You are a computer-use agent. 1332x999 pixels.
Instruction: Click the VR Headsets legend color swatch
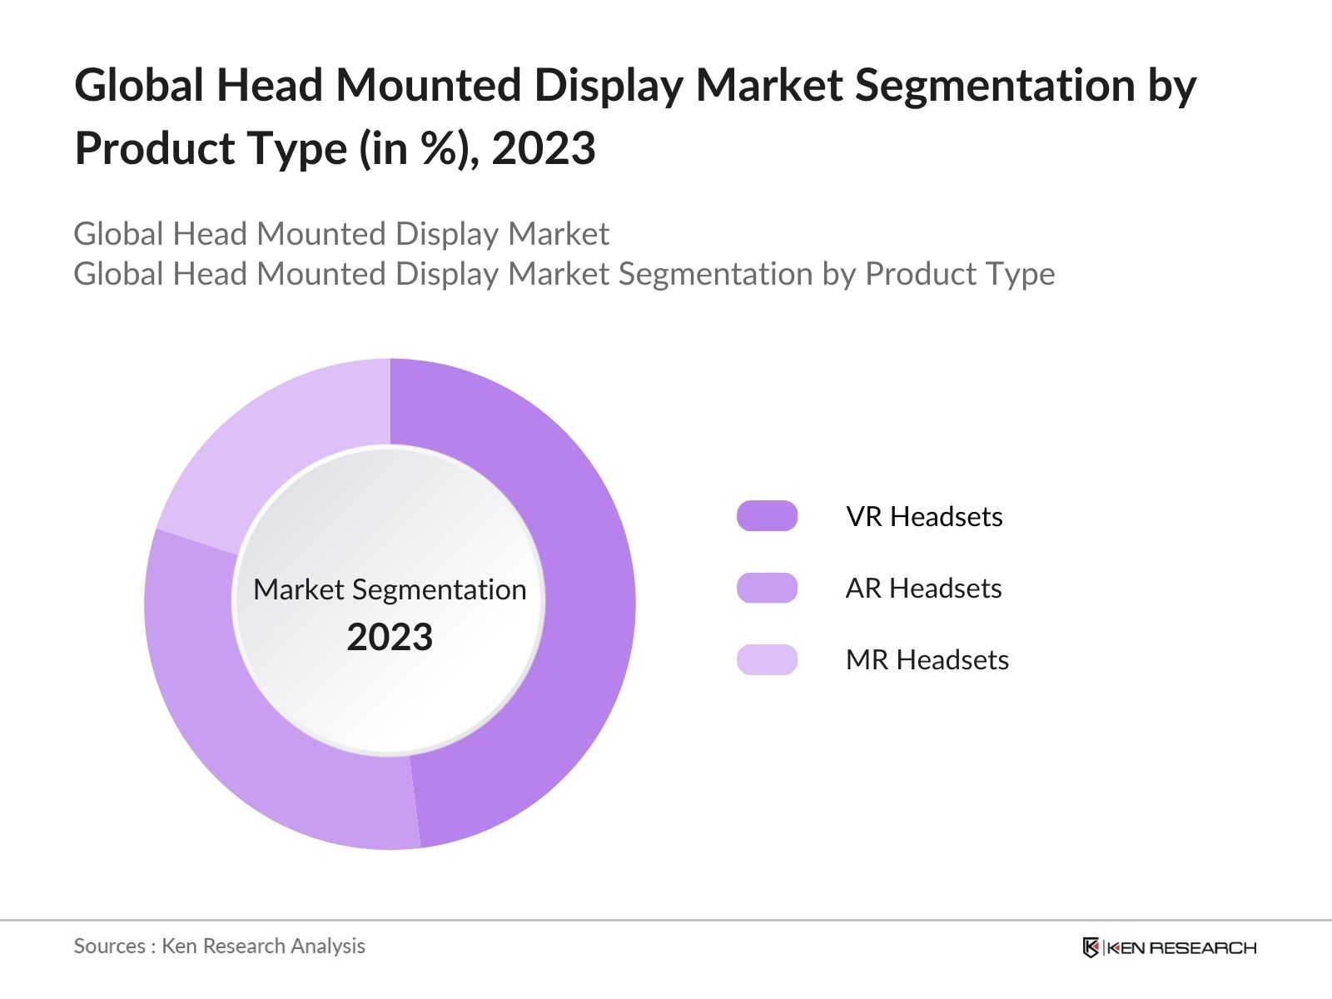767,516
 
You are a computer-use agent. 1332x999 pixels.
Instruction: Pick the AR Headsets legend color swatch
767,588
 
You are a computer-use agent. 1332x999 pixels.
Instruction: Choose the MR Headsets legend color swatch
767,659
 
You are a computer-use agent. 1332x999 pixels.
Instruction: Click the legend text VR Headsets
924,516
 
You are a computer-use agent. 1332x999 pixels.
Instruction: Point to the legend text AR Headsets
923,588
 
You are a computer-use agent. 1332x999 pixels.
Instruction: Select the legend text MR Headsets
927,659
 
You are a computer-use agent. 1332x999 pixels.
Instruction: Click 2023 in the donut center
390,637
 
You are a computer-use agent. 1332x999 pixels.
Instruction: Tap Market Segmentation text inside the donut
390,589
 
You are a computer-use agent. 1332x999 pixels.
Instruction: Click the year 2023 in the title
544,149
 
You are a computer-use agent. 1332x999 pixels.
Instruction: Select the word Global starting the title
139,85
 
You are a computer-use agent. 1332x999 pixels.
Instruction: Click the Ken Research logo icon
1091,947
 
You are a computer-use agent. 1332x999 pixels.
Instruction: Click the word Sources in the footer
109,946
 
